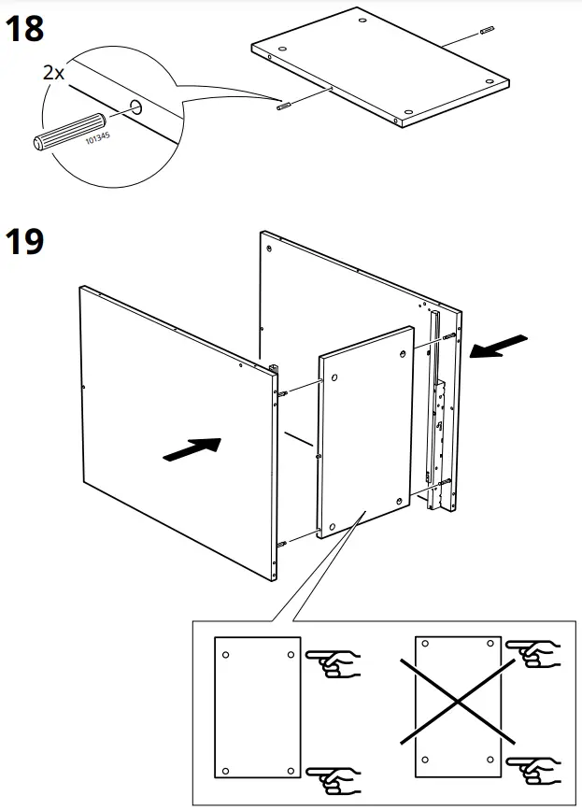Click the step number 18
point(25,29)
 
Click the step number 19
point(25,241)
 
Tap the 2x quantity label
point(52,72)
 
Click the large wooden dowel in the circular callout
point(70,129)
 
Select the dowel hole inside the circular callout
point(135,107)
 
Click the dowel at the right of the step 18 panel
point(486,30)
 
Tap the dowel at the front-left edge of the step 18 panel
point(283,106)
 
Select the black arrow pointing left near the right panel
point(499,348)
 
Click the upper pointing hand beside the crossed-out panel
point(533,654)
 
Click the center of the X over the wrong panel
point(457,703)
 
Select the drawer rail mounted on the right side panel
point(436,411)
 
